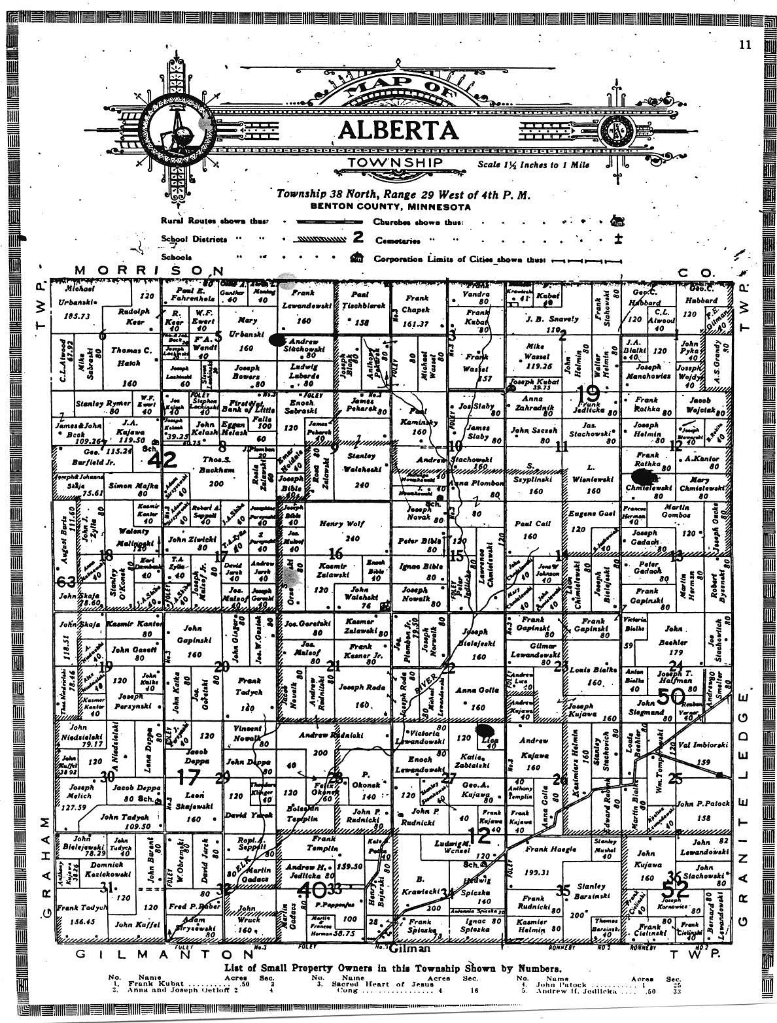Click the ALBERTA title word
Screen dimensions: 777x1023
pos(398,130)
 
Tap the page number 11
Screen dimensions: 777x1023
pos(744,45)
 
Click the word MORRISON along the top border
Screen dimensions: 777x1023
pos(148,271)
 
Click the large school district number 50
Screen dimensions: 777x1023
pos(670,697)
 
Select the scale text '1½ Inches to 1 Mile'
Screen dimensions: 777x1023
pos(532,165)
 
